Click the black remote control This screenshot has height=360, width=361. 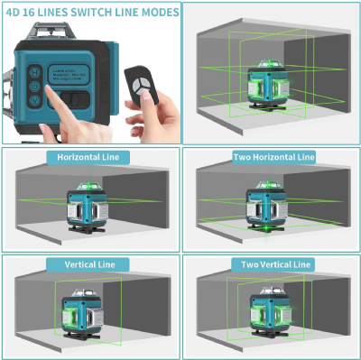pyautogui.click(x=141, y=84)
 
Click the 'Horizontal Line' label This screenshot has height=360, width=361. pyautogui.click(x=88, y=157)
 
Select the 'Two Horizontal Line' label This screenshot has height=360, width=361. pyautogui.click(x=273, y=157)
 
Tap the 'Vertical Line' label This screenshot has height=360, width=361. pyautogui.click(x=88, y=264)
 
